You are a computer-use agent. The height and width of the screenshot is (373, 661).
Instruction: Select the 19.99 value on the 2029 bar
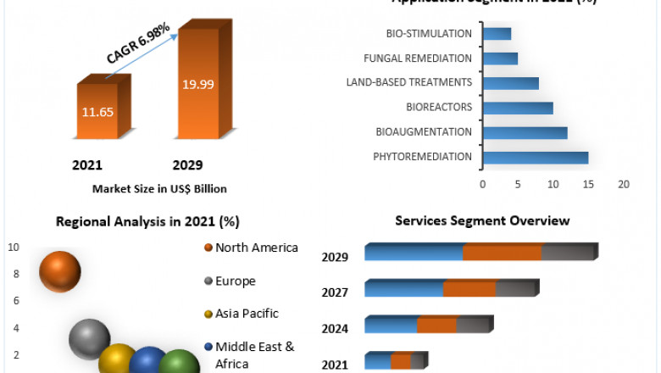pos(197,83)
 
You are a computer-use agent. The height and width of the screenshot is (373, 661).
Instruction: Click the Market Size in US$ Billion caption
pos(159,189)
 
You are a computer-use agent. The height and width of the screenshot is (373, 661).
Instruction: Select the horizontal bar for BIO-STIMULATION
pos(497,34)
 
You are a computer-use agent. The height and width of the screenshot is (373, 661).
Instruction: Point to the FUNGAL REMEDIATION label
pos(417,58)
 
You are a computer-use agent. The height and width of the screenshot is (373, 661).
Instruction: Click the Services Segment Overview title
pos(482,220)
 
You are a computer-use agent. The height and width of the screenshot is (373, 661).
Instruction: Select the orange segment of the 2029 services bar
pos(503,253)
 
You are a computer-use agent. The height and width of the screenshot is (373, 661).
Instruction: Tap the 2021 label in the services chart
pos(335,365)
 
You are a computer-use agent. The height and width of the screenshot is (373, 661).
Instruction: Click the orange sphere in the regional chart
pos(60,271)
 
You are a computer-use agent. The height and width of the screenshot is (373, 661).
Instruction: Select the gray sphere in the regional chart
pos(89,338)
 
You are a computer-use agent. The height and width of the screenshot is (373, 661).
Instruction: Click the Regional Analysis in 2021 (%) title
pos(147,222)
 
